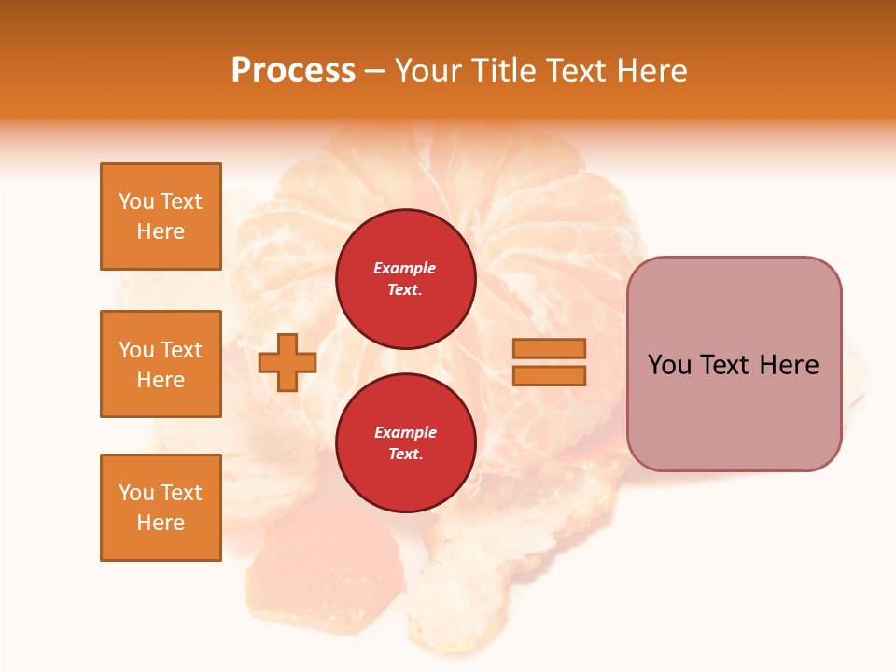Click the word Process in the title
pos(293,71)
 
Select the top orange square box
pos(161,217)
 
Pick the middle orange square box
pos(161,364)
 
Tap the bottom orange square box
pos(161,508)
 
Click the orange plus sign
pos(287,362)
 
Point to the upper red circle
pos(405,278)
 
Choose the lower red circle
pos(405,442)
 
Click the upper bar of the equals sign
pos(549,348)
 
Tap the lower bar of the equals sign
pos(549,375)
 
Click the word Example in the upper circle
pos(405,268)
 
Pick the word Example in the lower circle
pos(405,432)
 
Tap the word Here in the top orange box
pos(161,231)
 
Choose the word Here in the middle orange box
pos(161,380)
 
